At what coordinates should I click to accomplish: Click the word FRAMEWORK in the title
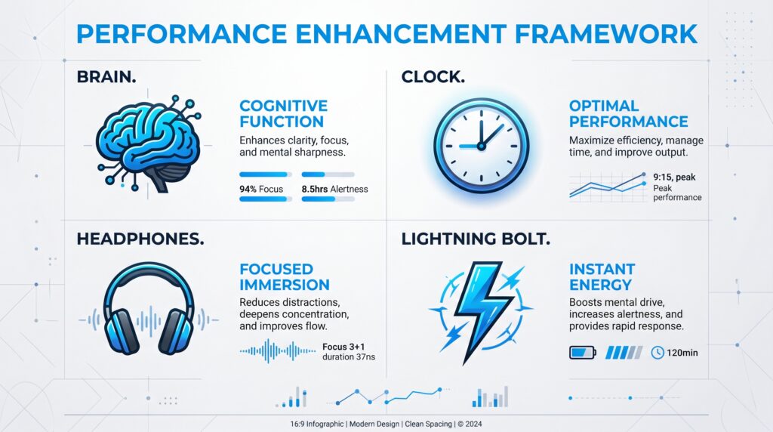(x=605, y=34)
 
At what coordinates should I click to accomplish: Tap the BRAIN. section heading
(x=106, y=77)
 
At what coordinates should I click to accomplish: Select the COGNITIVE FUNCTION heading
(x=284, y=113)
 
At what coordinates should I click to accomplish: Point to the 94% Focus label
(x=261, y=189)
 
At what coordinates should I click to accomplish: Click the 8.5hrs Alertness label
(x=334, y=189)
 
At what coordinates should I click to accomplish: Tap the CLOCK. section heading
(x=433, y=77)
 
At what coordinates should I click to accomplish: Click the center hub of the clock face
(x=481, y=146)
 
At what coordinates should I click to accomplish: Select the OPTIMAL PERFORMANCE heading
(x=629, y=113)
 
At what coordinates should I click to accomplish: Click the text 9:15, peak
(x=674, y=177)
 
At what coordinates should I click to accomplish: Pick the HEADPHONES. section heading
(x=140, y=239)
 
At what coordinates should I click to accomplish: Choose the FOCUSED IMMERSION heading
(x=285, y=276)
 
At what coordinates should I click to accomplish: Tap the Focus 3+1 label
(x=343, y=347)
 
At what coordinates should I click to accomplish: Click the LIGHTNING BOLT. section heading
(x=476, y=239)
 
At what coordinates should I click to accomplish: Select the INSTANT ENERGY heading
(x=602, y=276)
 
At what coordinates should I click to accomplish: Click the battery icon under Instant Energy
(x=583, y=353)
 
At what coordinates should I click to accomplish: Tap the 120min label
(x=682, y=353)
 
